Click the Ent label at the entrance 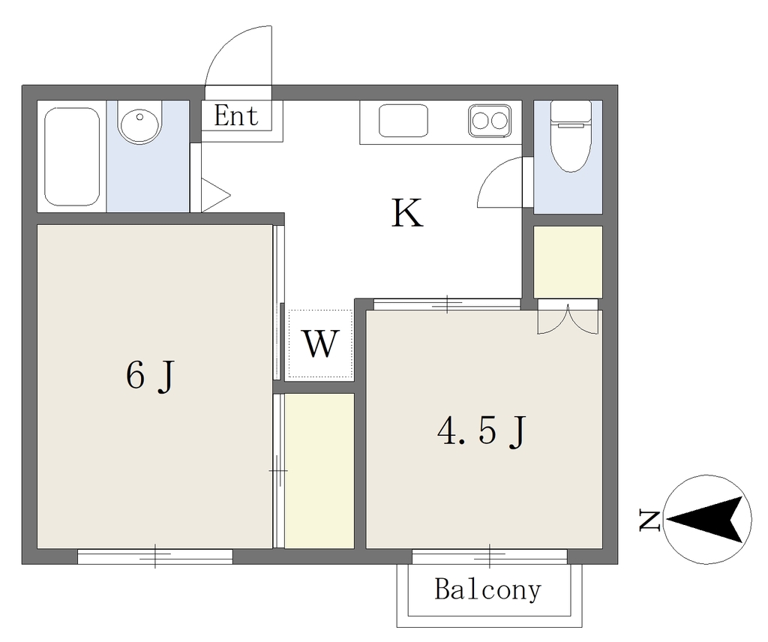click(x=236, y=116)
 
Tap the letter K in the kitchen click(x=407, y=213)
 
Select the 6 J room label click(x=150, y=376)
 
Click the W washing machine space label click(x=321, y=343)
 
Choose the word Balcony click(x=488, y=589)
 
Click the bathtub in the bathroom click(x=72, y=157)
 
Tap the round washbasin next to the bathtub click(x=139, y=124)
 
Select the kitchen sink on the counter click(x=403, y=121)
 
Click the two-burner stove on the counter click(x=490, y=121)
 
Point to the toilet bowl click(x=571, y=136)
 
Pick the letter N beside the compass click(x=650, y=520)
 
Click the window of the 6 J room click(x=154, y=556)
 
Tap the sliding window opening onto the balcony click(x=489, y=556)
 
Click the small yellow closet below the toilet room click(x=568, y=262)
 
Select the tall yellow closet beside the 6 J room click(x=319, y=470)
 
